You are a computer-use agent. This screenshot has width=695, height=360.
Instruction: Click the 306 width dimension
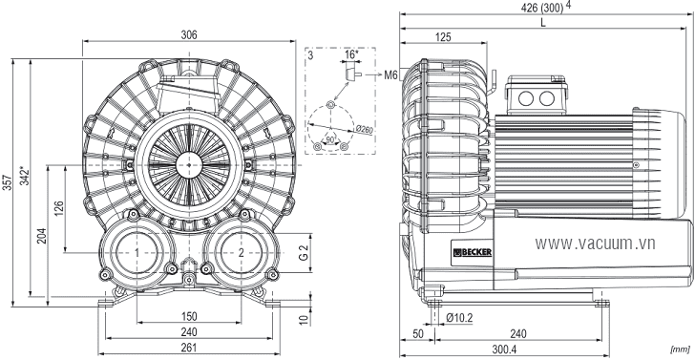pos(189,35)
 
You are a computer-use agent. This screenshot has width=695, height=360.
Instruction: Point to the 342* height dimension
pos(25,176)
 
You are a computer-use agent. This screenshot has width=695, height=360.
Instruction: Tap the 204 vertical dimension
pos(42,236)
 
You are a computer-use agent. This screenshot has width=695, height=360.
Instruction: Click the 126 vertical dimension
pos(59,209)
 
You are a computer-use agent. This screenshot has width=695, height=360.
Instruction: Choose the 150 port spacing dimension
pos(189,317)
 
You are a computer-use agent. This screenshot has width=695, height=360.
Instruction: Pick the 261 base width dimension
pos(189,348)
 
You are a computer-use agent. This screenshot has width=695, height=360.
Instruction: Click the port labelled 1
pos(137,253)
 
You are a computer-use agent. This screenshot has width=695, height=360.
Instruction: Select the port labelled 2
pos(242,253)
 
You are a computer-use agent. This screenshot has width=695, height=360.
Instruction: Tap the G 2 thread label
pos(304,253)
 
